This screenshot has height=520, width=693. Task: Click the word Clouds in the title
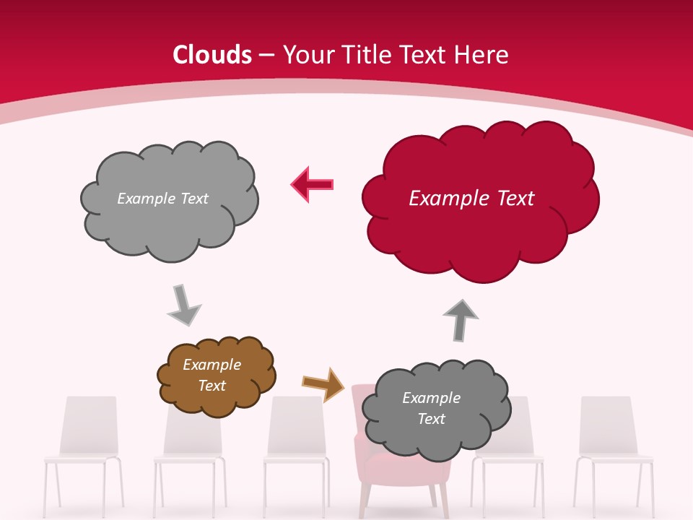coord(212,55)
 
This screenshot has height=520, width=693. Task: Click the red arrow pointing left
coord(313,184)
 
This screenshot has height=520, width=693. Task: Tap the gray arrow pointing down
coord(183,304)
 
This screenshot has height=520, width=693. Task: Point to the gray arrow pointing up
coord(460,318)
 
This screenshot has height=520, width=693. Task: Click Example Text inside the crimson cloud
coord(471,199)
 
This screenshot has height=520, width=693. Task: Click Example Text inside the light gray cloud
coord(162,199)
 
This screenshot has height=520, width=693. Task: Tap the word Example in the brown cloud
coord(212,365)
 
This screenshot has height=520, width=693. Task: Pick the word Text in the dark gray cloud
coord(431,419)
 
